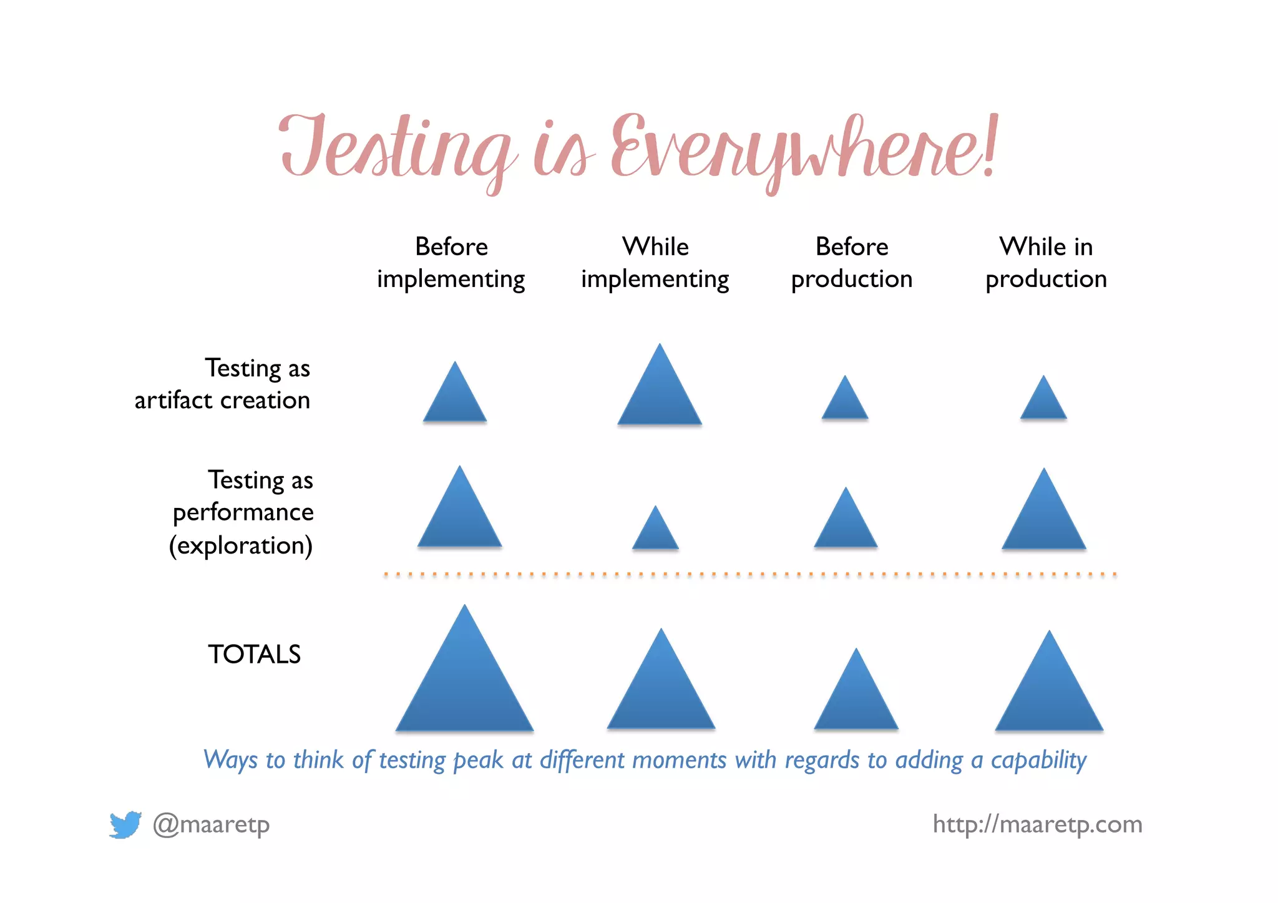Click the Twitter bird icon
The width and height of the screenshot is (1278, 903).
tap(125, 825)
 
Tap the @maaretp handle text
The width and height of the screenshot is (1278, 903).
tap(211, 825)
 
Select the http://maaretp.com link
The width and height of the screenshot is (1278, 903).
tap(1037, 824)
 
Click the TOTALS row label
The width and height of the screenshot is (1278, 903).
tap(254, 655)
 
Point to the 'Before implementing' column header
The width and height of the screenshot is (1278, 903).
tap(451, 263)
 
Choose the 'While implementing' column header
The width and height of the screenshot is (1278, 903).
tap(655, 263)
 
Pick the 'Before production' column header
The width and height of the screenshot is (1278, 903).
tap(852, 263)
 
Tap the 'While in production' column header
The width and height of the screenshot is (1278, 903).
tap(1046, 263)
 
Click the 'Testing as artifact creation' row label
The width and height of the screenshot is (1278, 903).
tap(223, 384)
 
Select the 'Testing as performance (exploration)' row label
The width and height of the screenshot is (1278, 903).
tap(242, 512)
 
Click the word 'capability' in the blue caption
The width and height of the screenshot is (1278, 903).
tap(1038, 760)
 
